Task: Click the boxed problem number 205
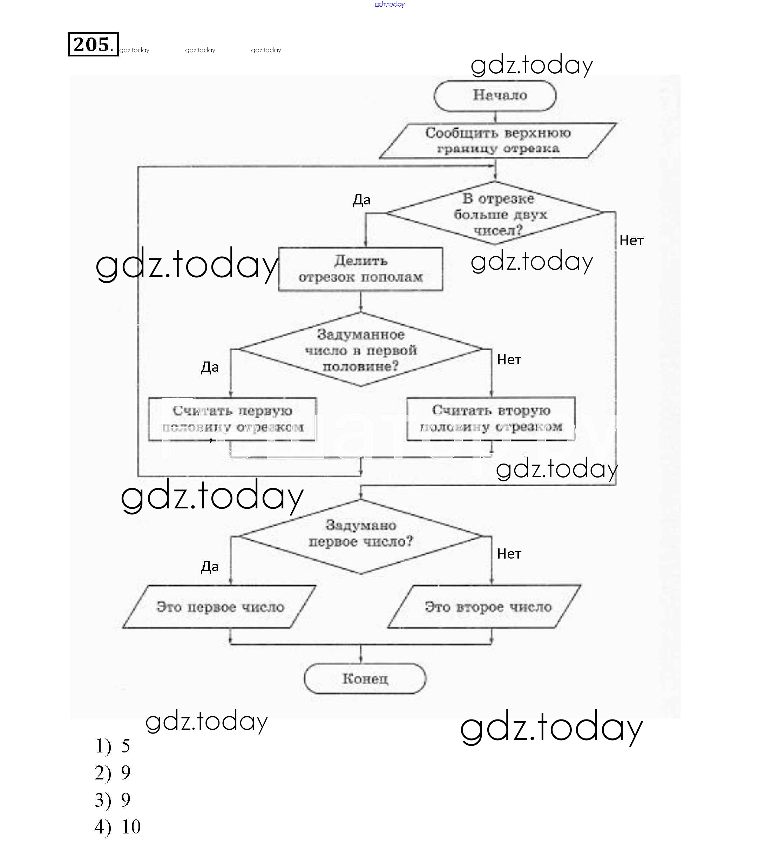point(93,44)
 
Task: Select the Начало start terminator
point(495,95)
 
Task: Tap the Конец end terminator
point(365,678)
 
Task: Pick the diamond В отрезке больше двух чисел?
point(495,213)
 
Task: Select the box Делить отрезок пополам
point(360,269)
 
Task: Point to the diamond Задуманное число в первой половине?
point(360,350)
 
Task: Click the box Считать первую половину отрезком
point(232,419)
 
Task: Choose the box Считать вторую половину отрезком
point(491,419)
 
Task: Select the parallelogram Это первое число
point(219,607)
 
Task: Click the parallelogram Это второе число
point(485,607)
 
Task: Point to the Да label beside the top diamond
point(361,200)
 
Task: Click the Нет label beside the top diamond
point(631,241)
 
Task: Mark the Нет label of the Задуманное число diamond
point(509,359)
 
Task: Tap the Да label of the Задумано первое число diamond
point(210,567)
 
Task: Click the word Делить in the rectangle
point(360,261)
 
